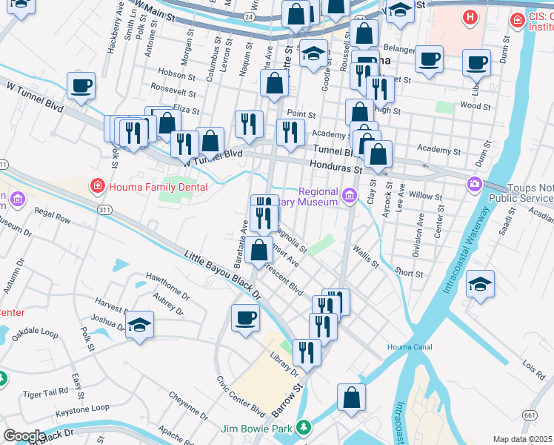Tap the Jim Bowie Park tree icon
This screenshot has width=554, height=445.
pos(302,427)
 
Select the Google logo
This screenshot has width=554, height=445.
pos(24,437)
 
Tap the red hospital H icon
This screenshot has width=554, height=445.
pos(468,17)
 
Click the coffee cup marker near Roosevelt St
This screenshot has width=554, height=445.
pos(81,85)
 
